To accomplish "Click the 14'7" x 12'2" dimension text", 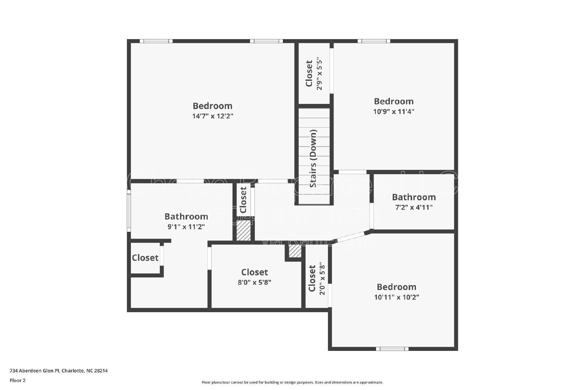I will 212,116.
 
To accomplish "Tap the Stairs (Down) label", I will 313,159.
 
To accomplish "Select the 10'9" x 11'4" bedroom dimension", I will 393,111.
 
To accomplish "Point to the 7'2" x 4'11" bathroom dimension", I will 414,207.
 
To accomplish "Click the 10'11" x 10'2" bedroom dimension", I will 396,297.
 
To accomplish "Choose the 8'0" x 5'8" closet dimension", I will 254,282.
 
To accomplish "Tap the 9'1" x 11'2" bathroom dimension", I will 186,227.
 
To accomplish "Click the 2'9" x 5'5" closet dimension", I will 320,73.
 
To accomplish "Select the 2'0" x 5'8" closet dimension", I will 322,279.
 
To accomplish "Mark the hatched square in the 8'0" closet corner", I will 295,251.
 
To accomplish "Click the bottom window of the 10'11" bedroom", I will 392,349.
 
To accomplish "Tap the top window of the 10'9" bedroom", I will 373,41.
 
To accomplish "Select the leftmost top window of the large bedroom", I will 156,41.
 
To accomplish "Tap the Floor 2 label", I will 18,380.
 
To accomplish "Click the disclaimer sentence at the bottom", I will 292,382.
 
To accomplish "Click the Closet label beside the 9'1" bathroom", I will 145,258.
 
